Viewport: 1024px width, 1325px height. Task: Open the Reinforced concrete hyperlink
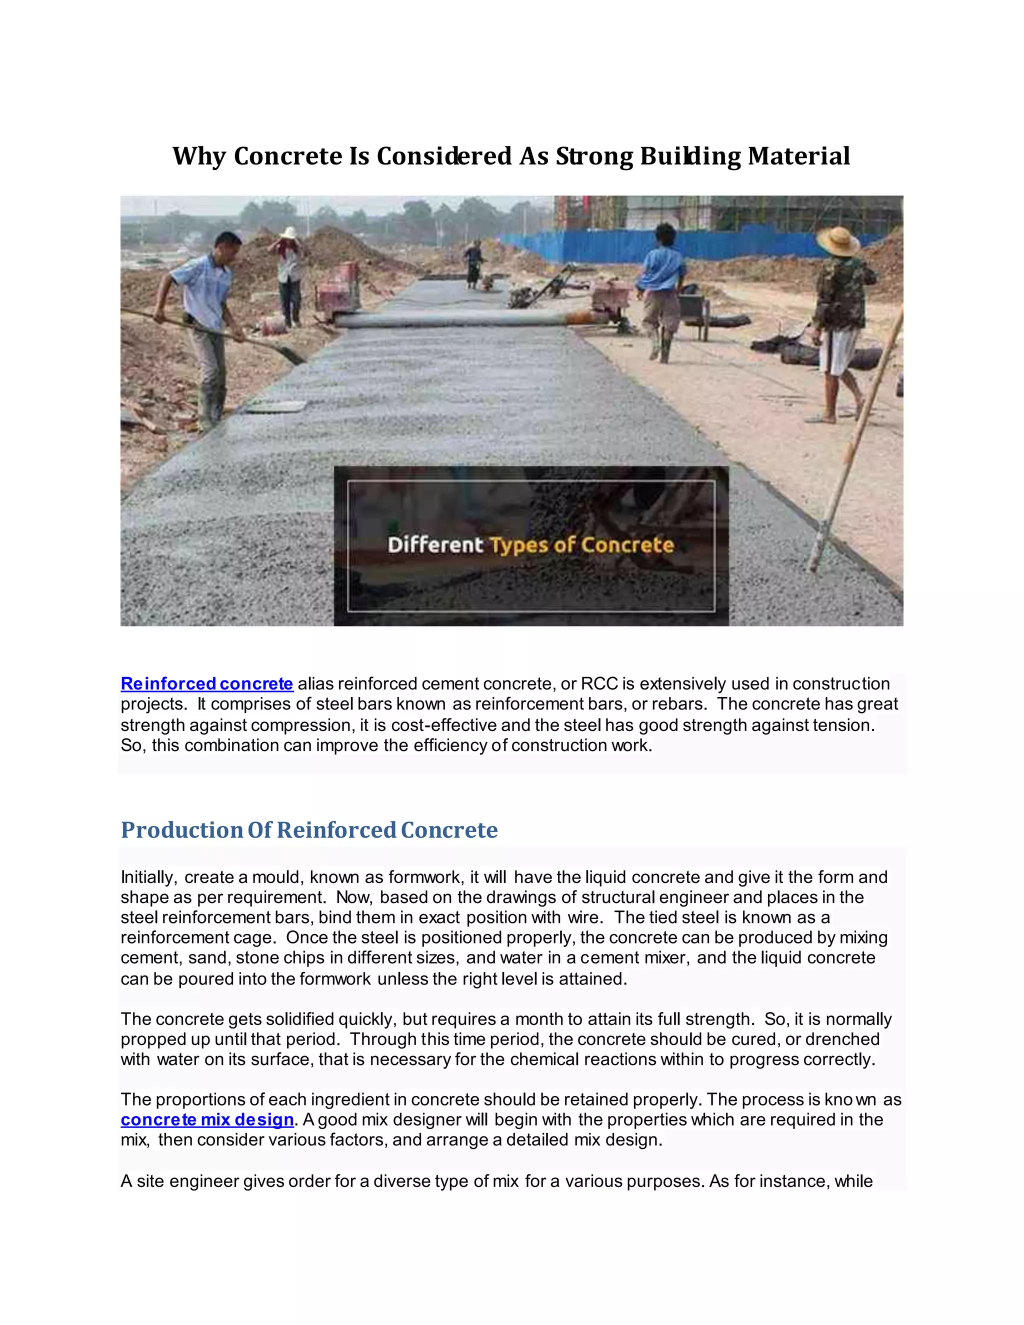[x=207, y=683]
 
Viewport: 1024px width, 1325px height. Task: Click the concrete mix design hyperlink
[x=207, y=1119]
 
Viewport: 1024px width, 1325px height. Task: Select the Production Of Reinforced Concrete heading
[x=309, y=830]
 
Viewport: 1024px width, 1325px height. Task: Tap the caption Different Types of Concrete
[x=531, y=545]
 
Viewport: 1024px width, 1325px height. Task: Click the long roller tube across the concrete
[x=455, y=319]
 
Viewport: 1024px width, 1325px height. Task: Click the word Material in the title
[x=798, y=156]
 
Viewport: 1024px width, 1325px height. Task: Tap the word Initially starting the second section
[x=148, y=877]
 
